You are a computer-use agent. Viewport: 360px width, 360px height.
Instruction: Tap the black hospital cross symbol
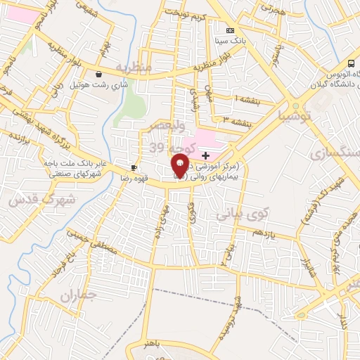click(x=205, y=155)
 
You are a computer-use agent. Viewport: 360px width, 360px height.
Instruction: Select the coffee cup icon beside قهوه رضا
click(x=134, y=168)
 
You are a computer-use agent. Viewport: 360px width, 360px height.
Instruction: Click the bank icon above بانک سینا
click(x=230, y=31)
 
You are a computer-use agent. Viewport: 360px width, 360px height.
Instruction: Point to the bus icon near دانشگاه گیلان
click(x=352, y=63)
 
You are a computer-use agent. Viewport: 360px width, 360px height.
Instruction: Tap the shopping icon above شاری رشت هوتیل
click(x=98, y=73)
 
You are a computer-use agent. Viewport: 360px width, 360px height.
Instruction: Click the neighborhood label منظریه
click(x=134, y=67)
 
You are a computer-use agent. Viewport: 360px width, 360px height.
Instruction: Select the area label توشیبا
click(x=294, y=115)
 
